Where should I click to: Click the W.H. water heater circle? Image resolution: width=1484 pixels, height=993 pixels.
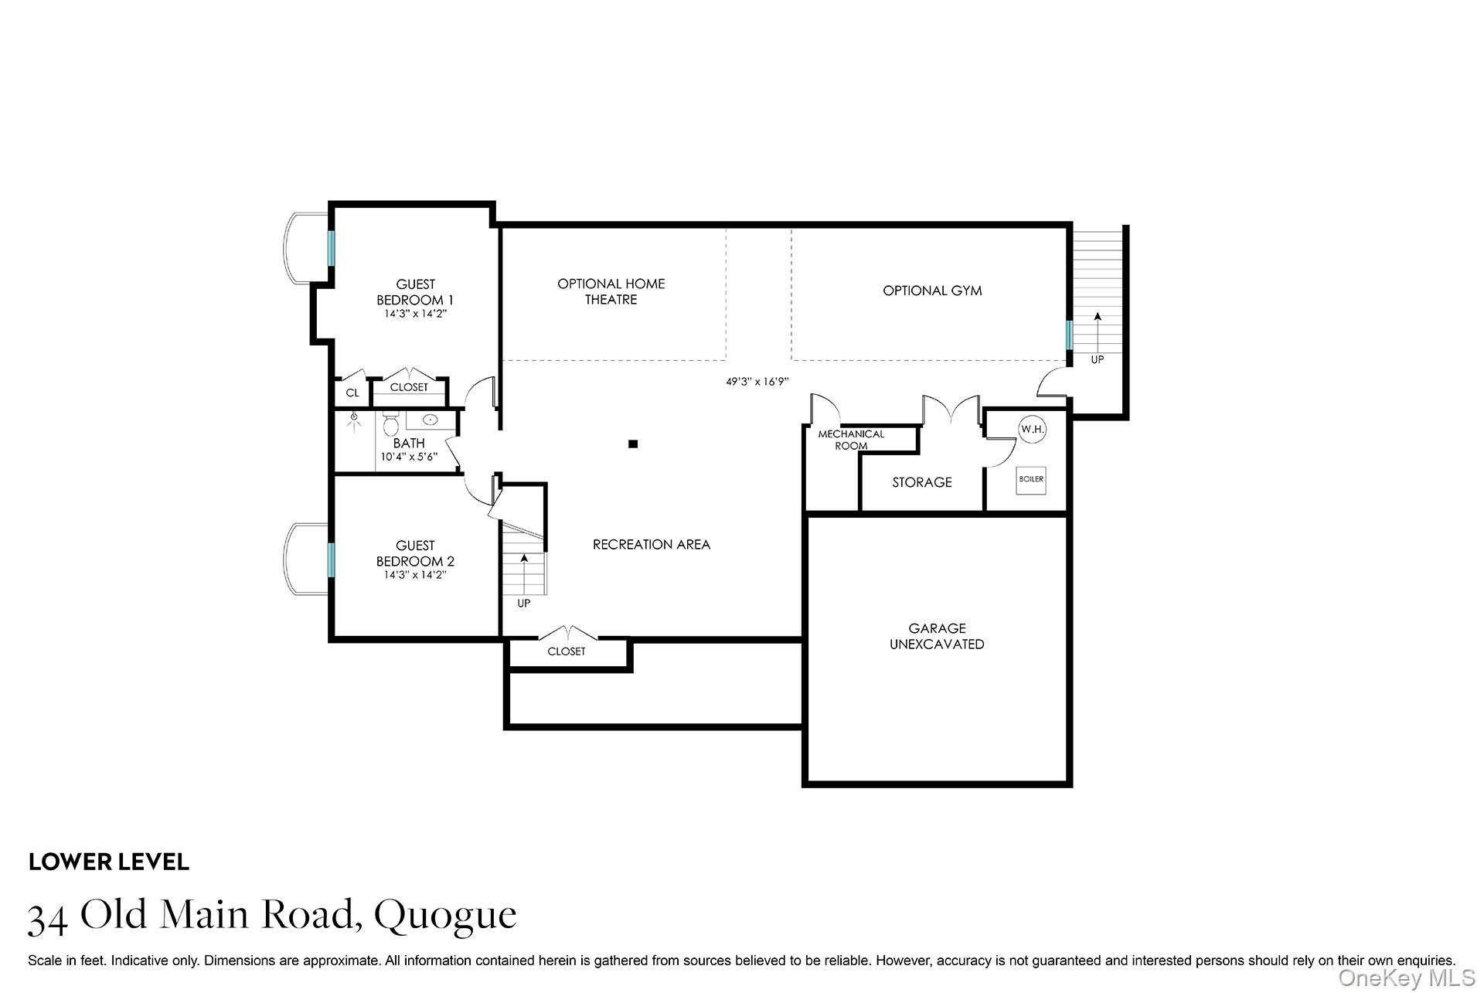tap(1031, 429)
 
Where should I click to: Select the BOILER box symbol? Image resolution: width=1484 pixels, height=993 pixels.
tap(1030, 479)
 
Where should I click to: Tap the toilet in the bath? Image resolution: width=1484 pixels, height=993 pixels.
tap(391, 424)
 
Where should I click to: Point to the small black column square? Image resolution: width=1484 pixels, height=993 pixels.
tap(633, 444)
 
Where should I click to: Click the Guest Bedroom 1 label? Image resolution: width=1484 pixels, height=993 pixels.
tap(415, 292)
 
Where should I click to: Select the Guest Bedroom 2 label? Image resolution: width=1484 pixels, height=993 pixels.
tap(415, 553)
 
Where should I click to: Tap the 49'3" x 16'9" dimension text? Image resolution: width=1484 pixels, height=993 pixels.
tap(757, 381)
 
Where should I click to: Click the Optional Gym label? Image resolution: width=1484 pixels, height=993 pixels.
tap(932, 291)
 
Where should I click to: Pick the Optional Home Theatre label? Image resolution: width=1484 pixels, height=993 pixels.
tap(611, 291)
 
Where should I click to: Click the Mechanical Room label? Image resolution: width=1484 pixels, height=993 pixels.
tap(851, 440)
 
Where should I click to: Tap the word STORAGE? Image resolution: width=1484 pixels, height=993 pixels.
tap(921, 482)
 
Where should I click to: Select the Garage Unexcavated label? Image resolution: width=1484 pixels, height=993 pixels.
tap(937, 636)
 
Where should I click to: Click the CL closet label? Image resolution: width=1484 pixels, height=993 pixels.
tap(352, 393)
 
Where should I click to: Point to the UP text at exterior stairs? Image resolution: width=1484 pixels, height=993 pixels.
tap(1097, 359)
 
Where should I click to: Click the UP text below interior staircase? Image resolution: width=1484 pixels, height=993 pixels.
tap(524, 603)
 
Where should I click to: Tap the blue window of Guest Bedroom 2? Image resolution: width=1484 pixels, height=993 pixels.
tap(331, 559)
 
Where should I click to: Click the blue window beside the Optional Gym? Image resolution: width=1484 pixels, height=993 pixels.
tap(1069, 335)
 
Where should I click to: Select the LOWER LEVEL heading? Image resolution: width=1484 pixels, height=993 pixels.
tap(109, 862)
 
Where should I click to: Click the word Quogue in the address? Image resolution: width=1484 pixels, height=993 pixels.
tap(445, 915)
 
